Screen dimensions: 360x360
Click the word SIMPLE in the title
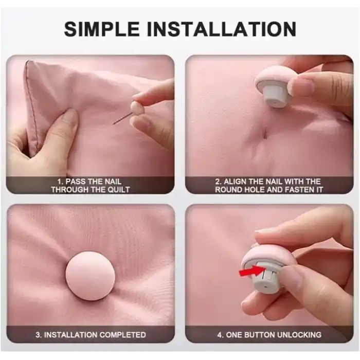coord(102,29)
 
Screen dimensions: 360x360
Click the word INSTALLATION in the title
coord(222,29)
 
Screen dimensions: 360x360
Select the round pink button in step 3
coord(90,276)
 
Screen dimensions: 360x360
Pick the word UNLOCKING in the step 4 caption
coord(297,335)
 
